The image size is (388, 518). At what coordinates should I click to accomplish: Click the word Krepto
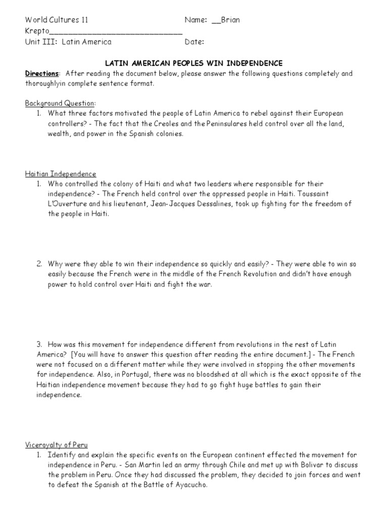[37, 31]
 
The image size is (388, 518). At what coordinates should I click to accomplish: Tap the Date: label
[195, 42]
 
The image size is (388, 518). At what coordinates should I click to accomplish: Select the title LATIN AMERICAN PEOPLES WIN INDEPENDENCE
[193, 63]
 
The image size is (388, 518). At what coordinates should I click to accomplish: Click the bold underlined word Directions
[42, 73]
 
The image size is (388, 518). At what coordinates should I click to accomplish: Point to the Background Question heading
[60, 103]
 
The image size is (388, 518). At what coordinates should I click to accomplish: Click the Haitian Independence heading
[61, 174]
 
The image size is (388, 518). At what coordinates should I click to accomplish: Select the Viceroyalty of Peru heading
[57, 445]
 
